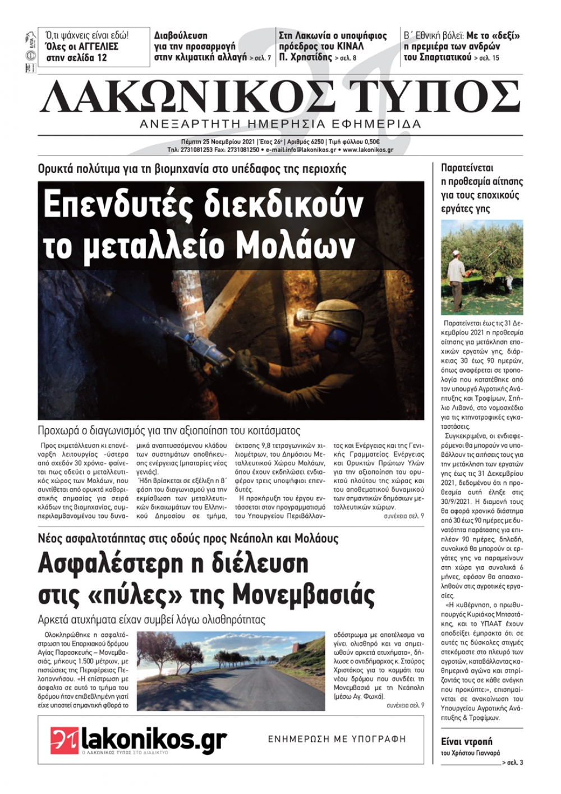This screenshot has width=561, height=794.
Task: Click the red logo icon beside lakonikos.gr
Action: click(x=65, y=740)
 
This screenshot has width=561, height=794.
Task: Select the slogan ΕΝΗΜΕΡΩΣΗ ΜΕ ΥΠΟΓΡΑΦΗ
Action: click(x=337, y=739)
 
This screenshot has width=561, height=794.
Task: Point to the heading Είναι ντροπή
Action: click(x=467, y=741)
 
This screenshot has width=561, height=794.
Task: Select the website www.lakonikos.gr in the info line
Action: click(x=367, y=150)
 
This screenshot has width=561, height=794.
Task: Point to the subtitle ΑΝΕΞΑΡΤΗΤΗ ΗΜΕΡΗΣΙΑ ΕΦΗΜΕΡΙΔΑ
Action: click(x=280, y=124)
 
